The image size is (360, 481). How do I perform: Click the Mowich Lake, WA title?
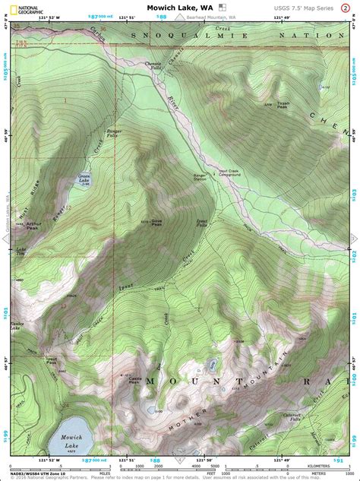(180, 7)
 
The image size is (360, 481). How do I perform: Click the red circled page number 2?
(351, 8)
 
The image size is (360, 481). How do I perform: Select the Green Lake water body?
(85, 180)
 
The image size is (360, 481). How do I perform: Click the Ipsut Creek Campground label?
(229, 172)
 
